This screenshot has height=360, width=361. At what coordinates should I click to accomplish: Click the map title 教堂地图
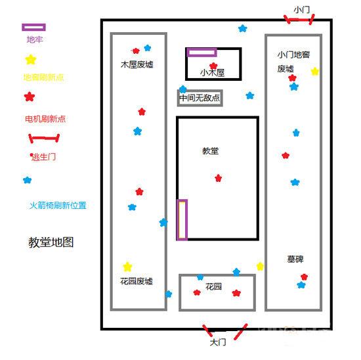pyautogui.click(x=51, y=242)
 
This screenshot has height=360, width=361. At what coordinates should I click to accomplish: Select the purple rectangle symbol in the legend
pyautogui.click(x=33, y=28)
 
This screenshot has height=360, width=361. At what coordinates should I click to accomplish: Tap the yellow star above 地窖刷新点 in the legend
pyautogui.click(x=30, y=60)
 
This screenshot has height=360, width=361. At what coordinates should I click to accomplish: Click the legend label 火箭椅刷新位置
pyautogui.click(x=58, y=206)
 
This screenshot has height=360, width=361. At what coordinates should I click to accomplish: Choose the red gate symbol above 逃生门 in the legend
pyautogui.click(x=44, y=139)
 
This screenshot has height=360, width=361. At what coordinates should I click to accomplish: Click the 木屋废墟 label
pyautogui.click(x=137, y=65)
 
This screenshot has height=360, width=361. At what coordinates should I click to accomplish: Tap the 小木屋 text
pyautogui.click(x=212, y=72)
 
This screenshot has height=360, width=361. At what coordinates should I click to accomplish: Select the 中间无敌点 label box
pyautogui.click(x=200, y=99)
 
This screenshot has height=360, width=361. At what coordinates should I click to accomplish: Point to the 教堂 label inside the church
pyautogui.click(x=211, y=151)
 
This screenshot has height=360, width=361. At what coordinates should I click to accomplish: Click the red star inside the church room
pyautogui.click(x=218, y=178)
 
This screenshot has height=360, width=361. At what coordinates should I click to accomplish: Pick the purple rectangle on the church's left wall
pyautogui.click(x=182, y=219)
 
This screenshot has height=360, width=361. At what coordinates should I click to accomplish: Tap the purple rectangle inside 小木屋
pyautogui.click(x=202, y=53)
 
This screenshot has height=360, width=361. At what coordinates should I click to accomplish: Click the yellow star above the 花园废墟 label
pyautogui.click(x=127, y=267)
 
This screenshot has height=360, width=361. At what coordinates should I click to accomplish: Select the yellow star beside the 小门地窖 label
pyautogui.click(x=315, y=71)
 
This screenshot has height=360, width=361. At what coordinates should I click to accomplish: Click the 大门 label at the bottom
pyautogui.click(x=218, y=342)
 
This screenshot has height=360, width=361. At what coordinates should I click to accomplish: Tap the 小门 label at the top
pyautogui.click(x=302, y=10)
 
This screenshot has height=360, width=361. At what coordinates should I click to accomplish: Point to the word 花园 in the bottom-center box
pyautogui.click(x=213, y=287)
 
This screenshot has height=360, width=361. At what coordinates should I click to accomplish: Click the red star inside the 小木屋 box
pyautogui.click(x=213, y=66)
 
